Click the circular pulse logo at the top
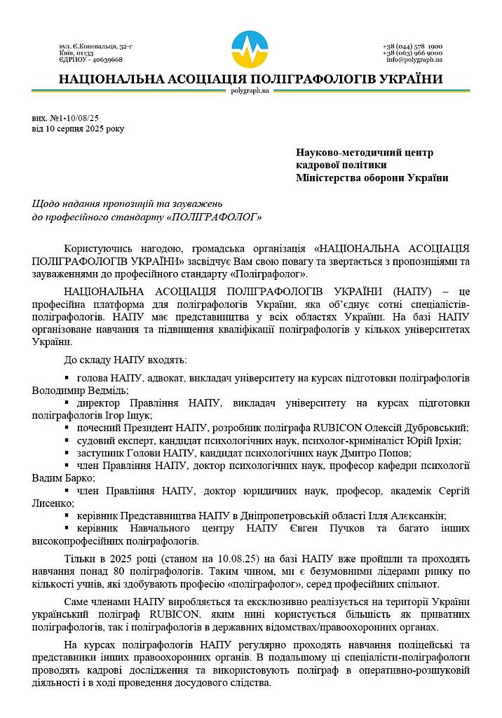(250, 48)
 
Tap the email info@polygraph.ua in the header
(414, 60)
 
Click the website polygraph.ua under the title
(250, 90)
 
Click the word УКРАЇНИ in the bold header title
(407, 79)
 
